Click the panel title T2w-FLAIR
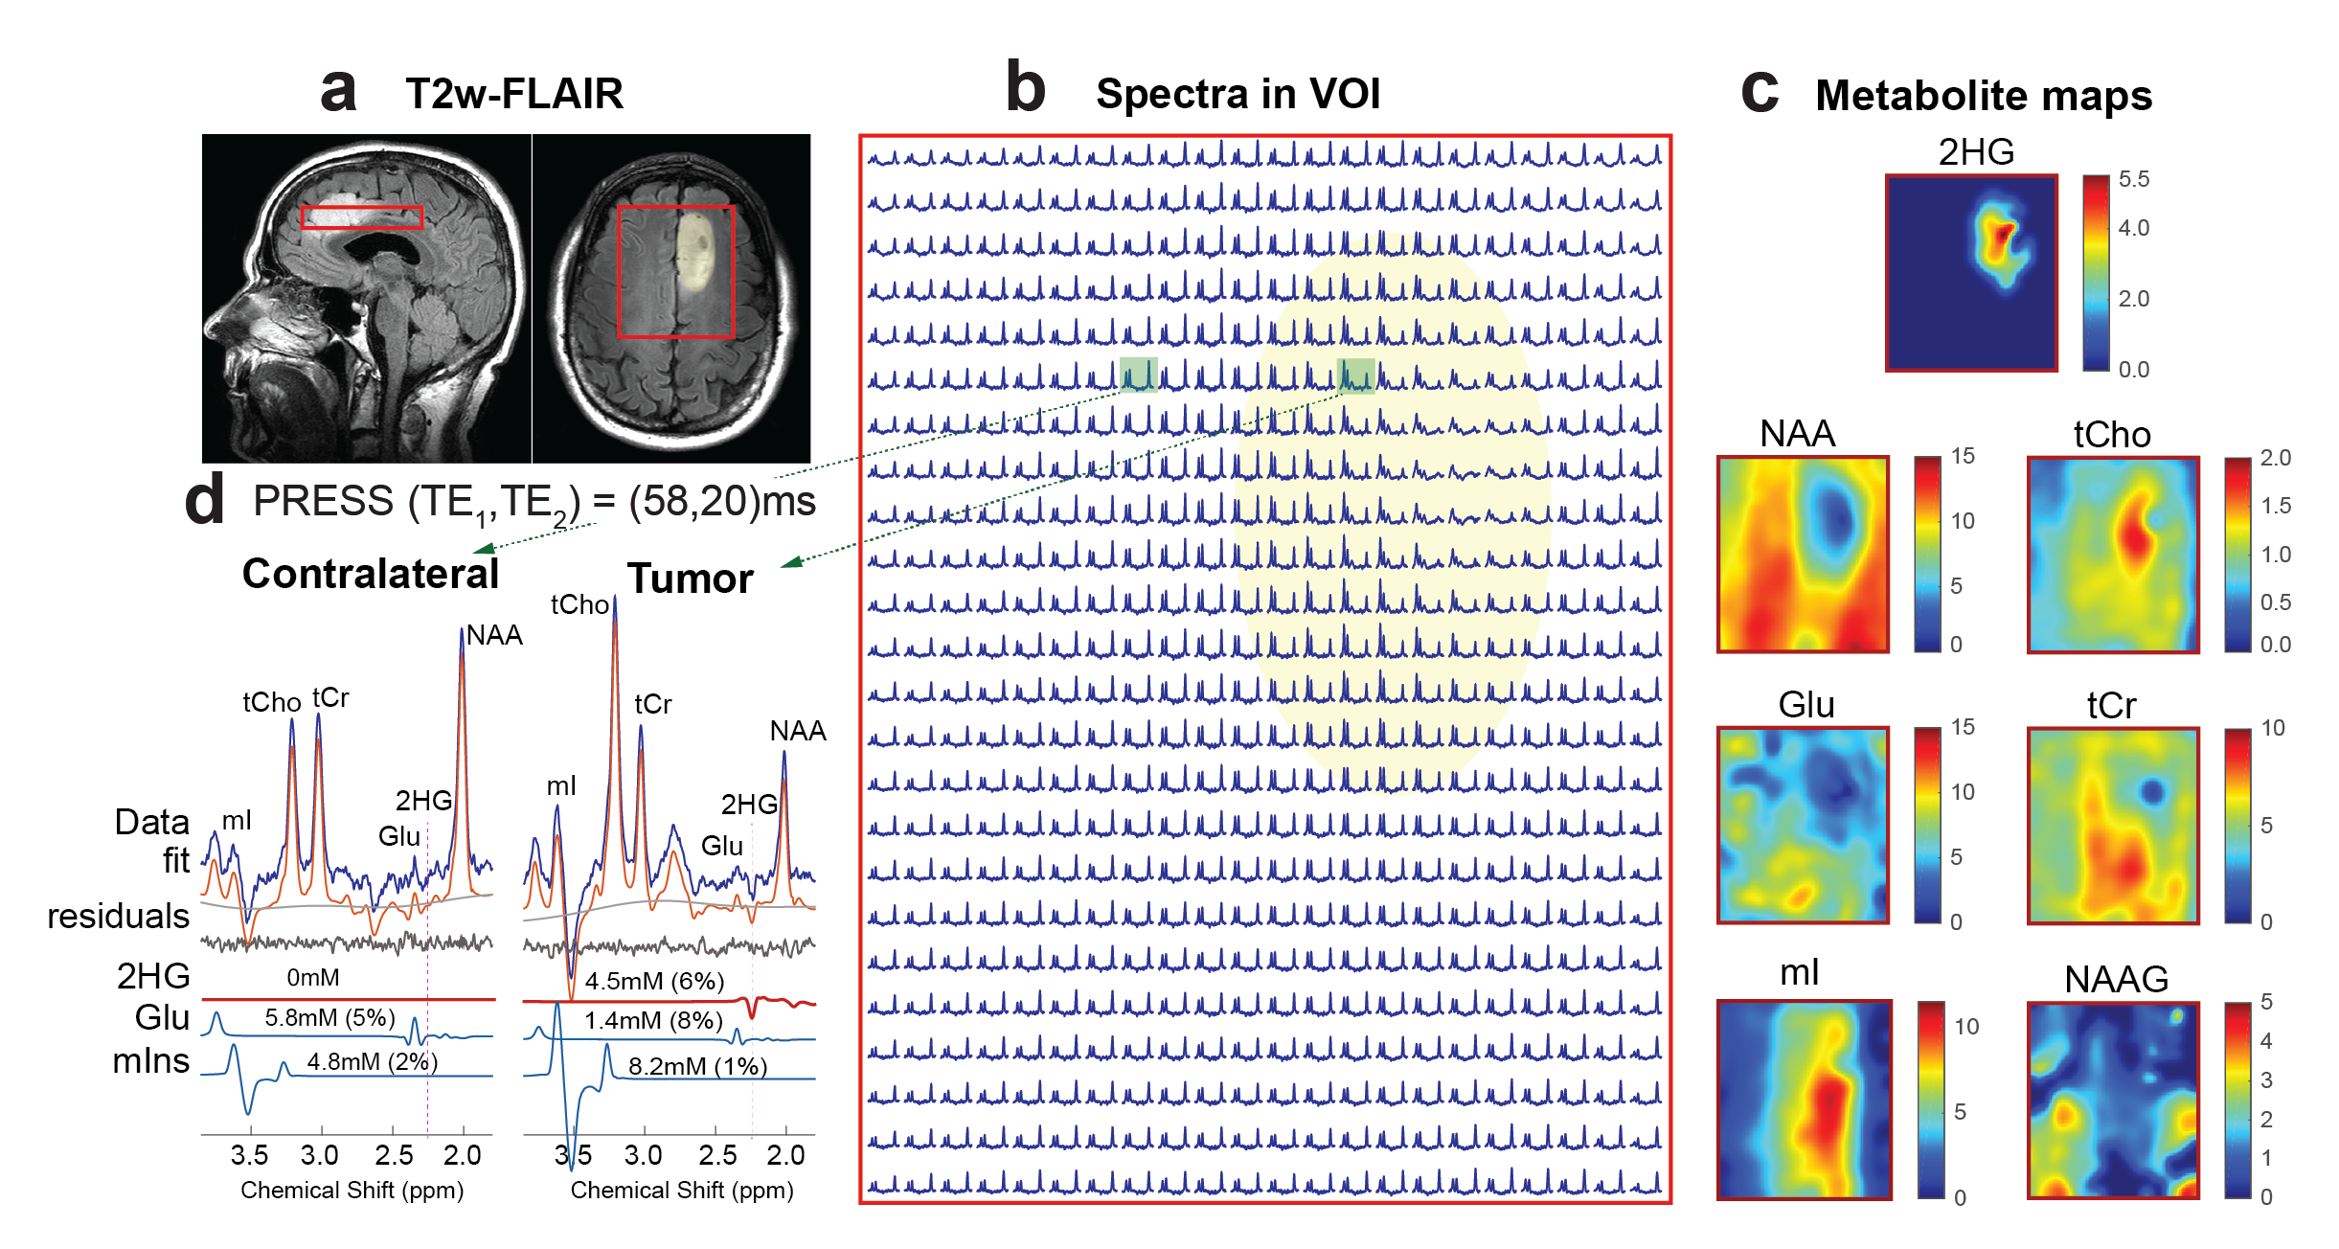tap(513, 94)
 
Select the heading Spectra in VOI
tap(1238, 94)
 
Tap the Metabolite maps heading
tap(1983, 96)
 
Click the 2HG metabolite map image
tap(1970, 273)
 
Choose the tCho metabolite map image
tap(2112, 555)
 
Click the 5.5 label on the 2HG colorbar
tap(2133, 179)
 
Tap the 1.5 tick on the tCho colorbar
tap(2275, 506)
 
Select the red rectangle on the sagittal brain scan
tap(361, 217)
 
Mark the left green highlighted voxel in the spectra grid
tap(1138, 375)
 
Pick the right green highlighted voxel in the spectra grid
tap(1355, 375)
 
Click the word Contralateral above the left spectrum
tap(370, 574)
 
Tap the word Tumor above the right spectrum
tap(690, 579)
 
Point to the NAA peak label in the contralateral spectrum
tap(494, 635)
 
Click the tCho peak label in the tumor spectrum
tap(579, 604)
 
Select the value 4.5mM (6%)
tap(654, 981)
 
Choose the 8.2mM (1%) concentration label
tap(697, 1066)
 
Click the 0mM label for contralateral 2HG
tap(313, 977)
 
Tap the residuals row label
tap(119, 916)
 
